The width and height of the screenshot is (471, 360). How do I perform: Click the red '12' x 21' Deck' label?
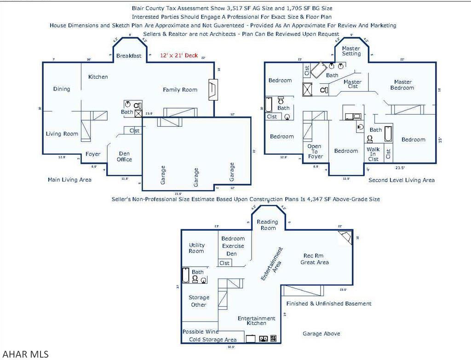click(x=179, y=56)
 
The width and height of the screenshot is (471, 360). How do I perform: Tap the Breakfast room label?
click(x=129, y=56)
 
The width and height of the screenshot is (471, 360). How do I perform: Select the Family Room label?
click(x=180, y=90)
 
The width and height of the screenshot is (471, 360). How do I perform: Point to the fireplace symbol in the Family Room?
click(x=212, y=90)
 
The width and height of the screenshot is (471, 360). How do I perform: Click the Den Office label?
click(x=124, y=157)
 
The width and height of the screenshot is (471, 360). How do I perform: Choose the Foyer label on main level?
click(x=93, y=154)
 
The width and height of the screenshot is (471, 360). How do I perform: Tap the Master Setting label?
click(x=351, y=51)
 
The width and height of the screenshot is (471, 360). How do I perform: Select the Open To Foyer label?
click(x=316, y=151)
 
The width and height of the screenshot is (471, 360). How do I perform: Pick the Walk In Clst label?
click(x=373, y=154)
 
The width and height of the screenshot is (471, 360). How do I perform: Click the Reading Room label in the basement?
click(x=268, y=225)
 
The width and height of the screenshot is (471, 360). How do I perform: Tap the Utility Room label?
click(x=196, y=248)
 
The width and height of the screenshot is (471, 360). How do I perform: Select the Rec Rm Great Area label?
click(x=315, y=259)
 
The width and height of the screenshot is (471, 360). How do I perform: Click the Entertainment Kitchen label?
click(x=256, y=320)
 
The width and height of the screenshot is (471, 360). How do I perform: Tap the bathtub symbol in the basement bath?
click(x=186, y=275)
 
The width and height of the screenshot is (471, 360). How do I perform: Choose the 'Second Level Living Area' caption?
click(x=401, y=180)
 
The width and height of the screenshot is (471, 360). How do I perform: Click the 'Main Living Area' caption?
click(x=69, y=180)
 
